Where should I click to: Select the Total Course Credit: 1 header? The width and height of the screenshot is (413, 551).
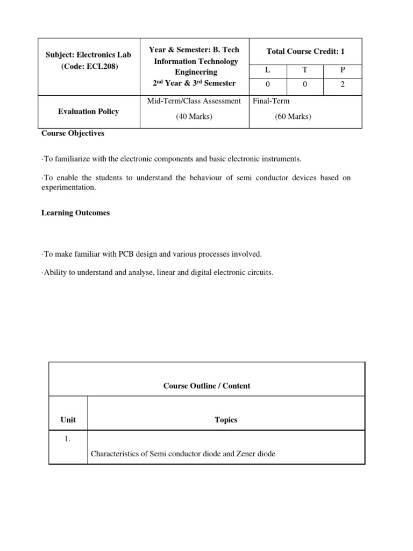click(305, 51)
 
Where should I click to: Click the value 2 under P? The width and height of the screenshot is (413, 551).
click(343, 84)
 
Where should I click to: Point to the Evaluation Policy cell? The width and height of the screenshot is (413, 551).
click(88, 111)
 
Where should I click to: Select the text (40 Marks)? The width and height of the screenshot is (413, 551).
click(194, 117)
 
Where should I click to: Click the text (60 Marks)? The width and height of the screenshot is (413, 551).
click(293, 117)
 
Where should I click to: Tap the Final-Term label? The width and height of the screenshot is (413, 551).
click(271, 101)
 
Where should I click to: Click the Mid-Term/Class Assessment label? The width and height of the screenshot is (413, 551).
click(194, 101)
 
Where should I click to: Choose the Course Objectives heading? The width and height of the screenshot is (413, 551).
click(73, 133)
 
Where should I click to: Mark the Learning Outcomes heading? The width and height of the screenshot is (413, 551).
click(75, 213)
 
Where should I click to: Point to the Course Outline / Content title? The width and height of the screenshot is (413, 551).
click(206, 386)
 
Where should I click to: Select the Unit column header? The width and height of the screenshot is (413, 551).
click(68, 420)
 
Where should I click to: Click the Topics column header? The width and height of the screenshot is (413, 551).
click(226, 420)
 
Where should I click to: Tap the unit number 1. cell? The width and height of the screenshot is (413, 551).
click(68, 439)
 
